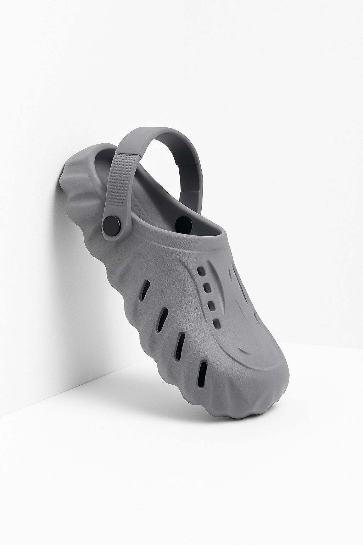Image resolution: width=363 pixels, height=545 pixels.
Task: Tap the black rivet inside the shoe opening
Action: point(184,224)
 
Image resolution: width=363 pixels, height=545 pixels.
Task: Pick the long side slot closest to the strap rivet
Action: point(145,290)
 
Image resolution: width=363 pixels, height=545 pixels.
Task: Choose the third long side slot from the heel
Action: point(180,343)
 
